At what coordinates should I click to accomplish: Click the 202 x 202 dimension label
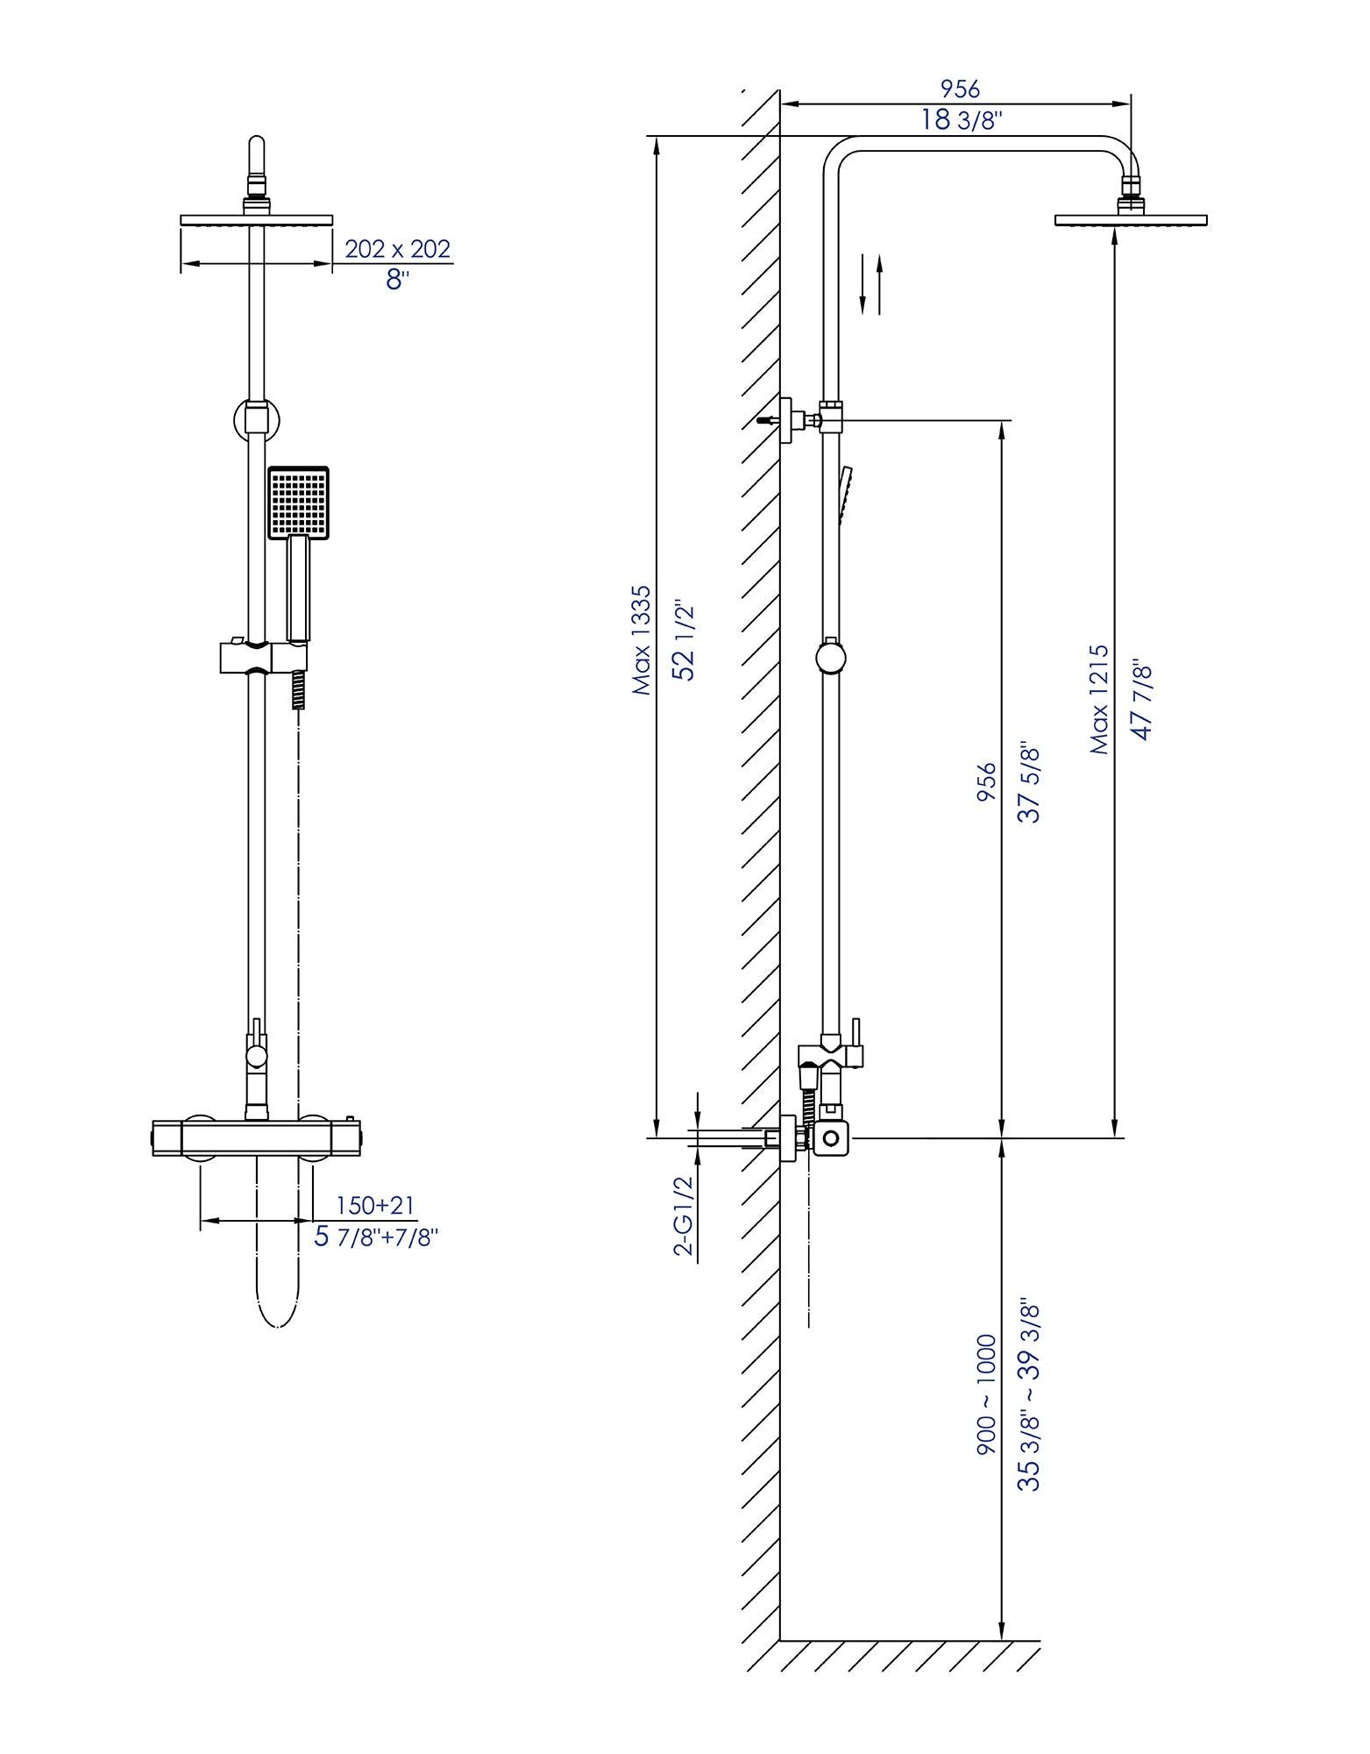click(x=397, y=249)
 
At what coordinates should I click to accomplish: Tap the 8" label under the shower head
click(x=397, y=281)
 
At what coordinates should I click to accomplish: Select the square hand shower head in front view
click(x=298, y=502)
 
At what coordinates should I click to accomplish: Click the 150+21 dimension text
click(x=375, y=1205)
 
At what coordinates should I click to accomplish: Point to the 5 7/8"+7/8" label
click(x=375, y=1237)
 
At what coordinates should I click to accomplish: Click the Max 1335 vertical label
click(x=642, y=641)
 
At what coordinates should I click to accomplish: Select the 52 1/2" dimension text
click(x=684, y=641)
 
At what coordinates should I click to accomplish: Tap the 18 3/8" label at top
click(x=961, y=120)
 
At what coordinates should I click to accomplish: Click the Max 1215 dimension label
click(x=1099, y=700)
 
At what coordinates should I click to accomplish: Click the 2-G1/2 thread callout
click(x=685, y=1216)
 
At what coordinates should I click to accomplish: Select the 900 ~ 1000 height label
click(x=987, y=1395)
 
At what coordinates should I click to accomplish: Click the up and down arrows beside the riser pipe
click(x=870, y=283)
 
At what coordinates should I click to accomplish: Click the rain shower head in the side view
click(x=1130, y=219)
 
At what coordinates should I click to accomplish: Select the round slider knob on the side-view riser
click(x=831, y=657)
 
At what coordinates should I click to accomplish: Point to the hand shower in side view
click(x=845, y=496)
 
